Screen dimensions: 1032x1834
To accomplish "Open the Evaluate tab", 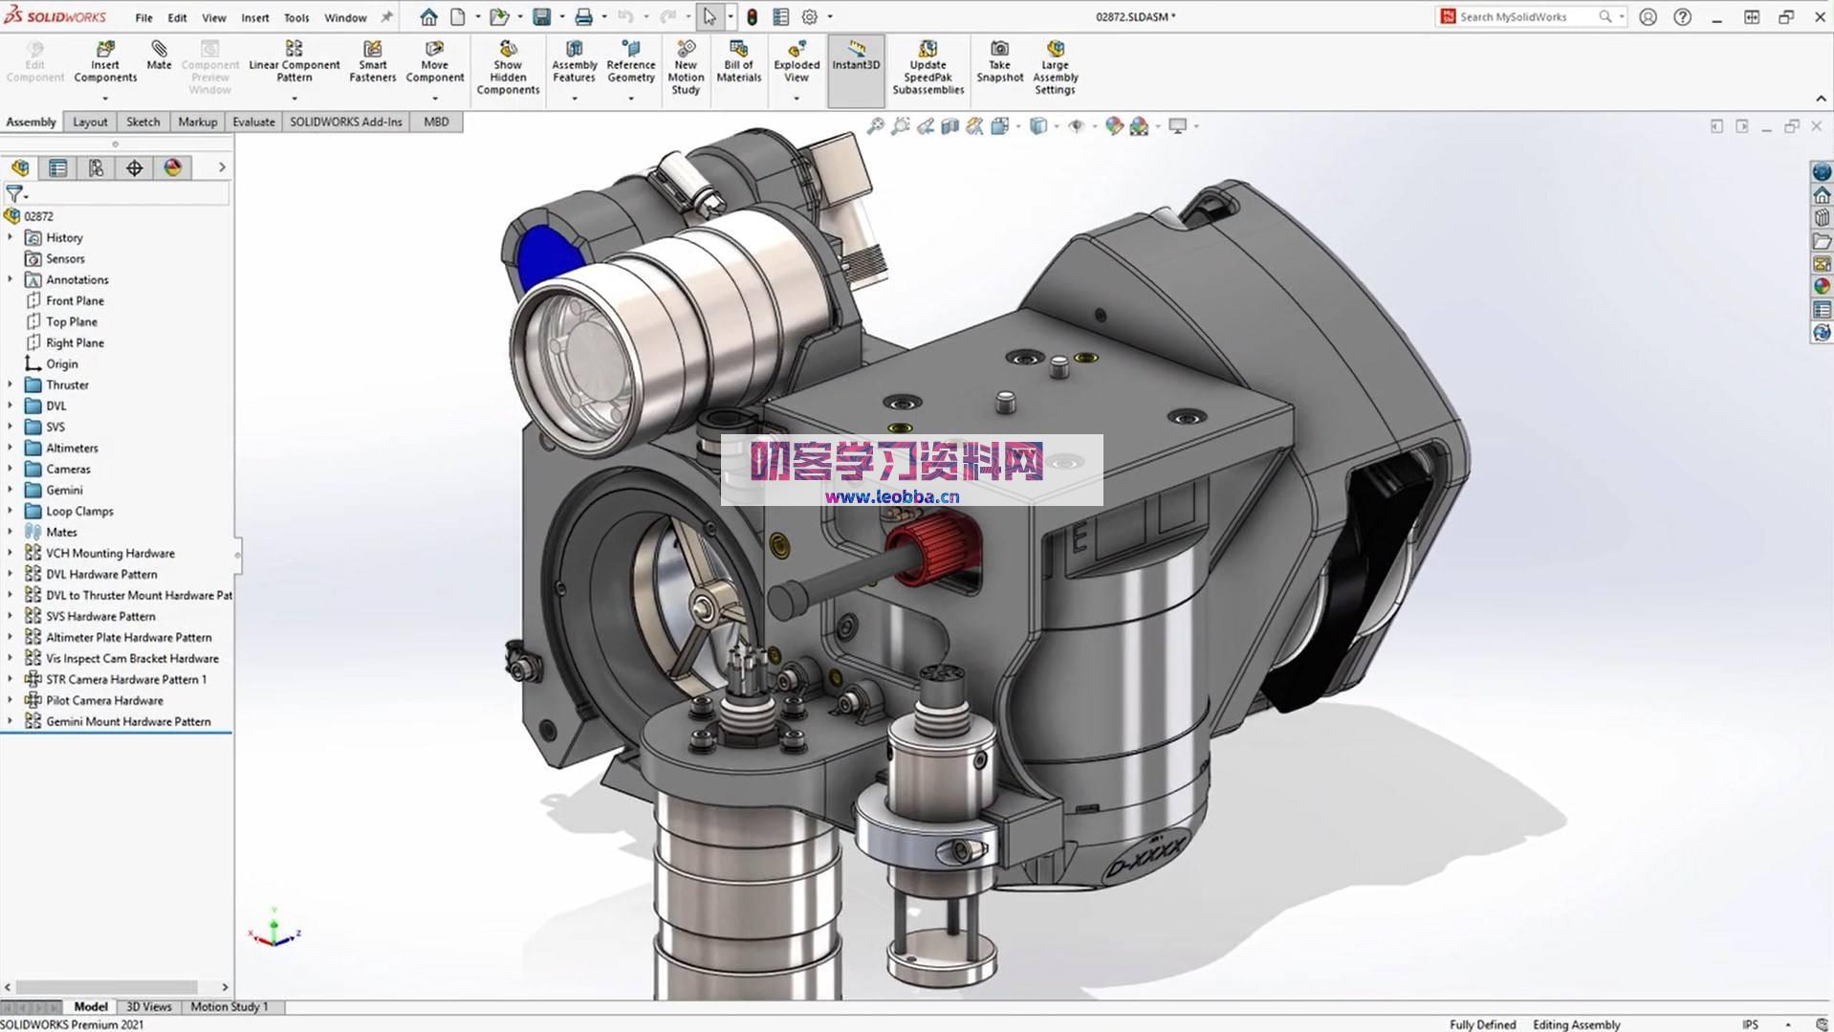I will pyautogui.click(x=253, y=121).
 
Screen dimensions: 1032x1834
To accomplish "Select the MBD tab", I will pyautogui.click(x=436, y=121).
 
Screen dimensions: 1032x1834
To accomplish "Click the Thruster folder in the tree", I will pyautogui.click(x=67, y=384).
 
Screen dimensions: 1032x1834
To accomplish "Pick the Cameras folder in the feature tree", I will pyautogui.click(x=68, y=469).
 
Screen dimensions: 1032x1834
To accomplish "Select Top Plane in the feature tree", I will pyautogui.click(x=72, y=321).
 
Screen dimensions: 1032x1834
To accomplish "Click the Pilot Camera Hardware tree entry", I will pyautogui.click(x=104, y=700).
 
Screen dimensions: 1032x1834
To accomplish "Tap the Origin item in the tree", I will pyautogui.click(x=62, y=363).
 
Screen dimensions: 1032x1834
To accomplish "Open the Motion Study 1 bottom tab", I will pyautogui.click(x=229, y=1006).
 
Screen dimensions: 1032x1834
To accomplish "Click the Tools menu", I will pyautogui.click(x=296, y=17).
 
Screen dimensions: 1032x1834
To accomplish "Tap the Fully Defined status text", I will pyautogui.click(x=1482, y=1024).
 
